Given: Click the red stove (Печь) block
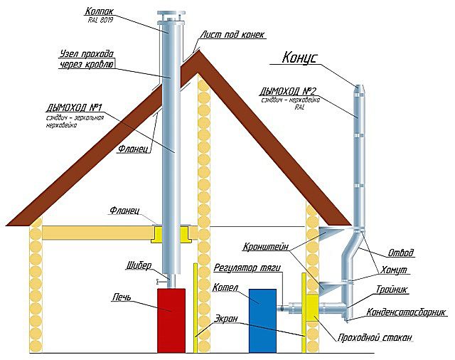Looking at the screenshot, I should tap(171, 320).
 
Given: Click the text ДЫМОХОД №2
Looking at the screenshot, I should tap(290, 90).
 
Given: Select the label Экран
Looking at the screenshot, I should tap(225, 319).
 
